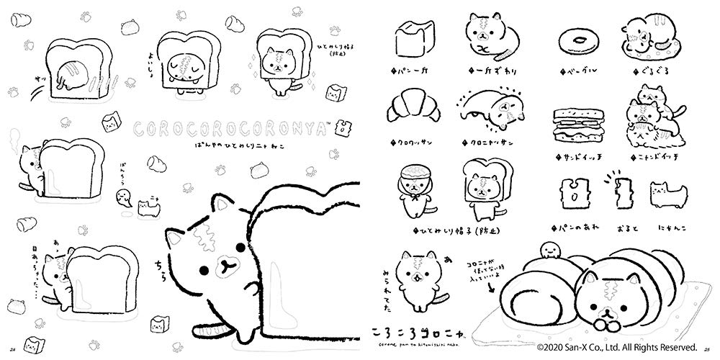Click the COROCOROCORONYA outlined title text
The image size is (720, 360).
(234, 127)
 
